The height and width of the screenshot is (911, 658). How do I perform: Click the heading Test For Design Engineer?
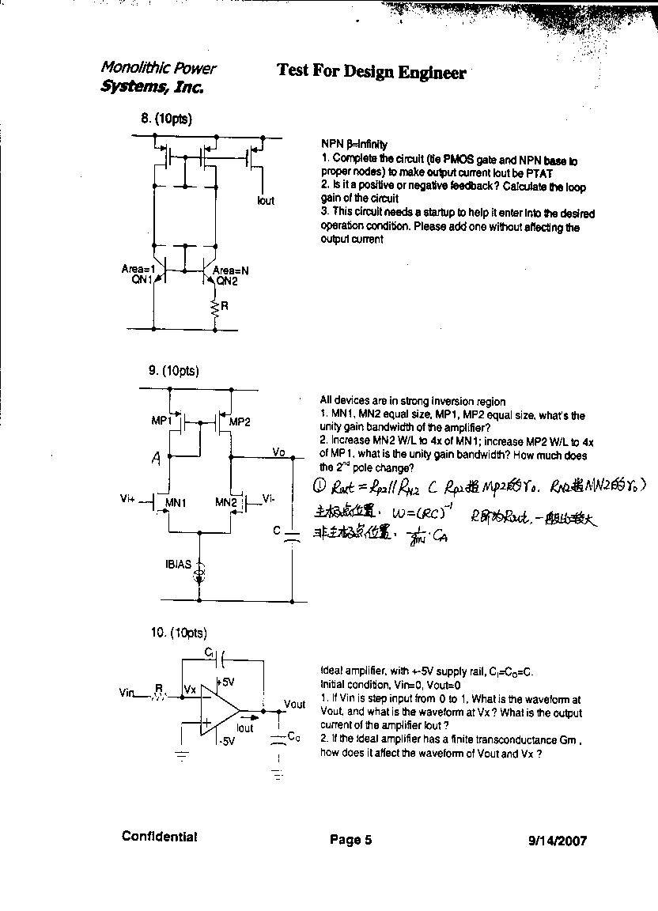click(371, 71)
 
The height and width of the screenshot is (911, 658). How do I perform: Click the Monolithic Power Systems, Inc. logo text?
click(157, 77)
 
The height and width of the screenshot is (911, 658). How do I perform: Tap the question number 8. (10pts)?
click(166, 119)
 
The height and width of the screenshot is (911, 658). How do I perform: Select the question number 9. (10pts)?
click(173, 370)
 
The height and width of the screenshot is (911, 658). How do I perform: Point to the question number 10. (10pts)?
click(178, 633)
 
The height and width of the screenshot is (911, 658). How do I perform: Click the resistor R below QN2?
click(214, 309)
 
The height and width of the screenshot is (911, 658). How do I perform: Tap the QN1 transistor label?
click(142, 279)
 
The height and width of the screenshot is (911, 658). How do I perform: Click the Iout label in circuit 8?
click(266, 201)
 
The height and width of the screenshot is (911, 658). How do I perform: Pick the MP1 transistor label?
click(161, 421)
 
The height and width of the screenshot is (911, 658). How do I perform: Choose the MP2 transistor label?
click(240, 422)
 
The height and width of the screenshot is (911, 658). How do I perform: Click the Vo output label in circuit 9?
click(278, 452)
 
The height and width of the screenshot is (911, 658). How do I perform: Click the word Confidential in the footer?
click(159, 837)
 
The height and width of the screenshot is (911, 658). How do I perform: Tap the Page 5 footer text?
click(350, 840)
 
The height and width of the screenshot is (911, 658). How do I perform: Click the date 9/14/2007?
click(557, 841)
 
